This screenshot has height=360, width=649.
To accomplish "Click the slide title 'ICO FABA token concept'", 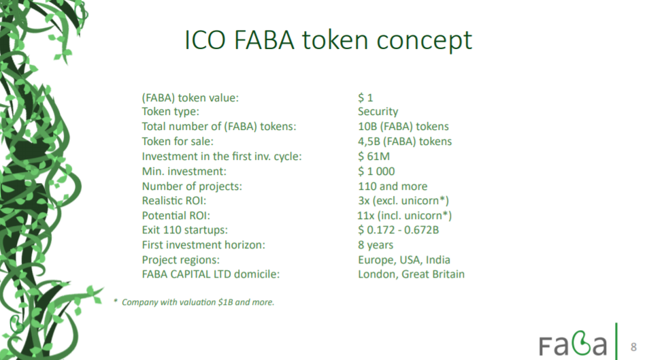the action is (328, 41).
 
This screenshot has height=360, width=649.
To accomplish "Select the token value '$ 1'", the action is (365, 98).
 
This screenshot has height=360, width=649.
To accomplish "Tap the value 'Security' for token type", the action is (378, 112).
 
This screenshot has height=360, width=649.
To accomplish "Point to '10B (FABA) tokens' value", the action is (403, 127).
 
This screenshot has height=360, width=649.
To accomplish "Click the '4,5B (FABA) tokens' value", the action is (405, 142).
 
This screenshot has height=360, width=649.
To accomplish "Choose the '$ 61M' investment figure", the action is (373, 156).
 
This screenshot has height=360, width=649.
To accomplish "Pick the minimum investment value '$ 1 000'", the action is (376, 171).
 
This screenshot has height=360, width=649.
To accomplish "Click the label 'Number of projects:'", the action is (192, 186).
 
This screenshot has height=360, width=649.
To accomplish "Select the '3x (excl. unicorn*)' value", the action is (403, 201).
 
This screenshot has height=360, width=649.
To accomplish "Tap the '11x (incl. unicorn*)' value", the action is (404, 216).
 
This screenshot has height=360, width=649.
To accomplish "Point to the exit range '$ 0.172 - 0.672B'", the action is (398, 230).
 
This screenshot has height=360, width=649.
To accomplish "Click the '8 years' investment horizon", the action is (376, 245).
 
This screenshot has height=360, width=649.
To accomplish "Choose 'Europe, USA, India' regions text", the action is (404, 260).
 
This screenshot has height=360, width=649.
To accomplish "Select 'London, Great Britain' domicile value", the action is (411, 274).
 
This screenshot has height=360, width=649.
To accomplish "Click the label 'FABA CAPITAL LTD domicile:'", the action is (211, 274).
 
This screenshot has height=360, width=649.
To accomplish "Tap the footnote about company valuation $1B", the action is (194, 302).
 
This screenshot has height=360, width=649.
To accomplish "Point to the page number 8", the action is (633, 347).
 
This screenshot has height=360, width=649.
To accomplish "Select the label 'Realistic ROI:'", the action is (174, 201).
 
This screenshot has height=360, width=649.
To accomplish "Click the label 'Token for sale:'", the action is (178, 142).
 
